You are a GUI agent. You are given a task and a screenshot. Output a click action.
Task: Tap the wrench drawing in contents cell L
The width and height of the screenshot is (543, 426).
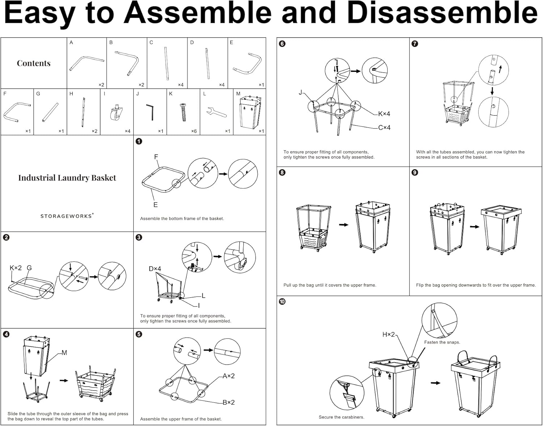216,113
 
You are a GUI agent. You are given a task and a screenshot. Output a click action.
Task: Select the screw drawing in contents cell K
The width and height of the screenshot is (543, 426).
184,112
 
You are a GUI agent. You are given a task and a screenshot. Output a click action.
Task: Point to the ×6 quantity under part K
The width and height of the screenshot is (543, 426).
194,131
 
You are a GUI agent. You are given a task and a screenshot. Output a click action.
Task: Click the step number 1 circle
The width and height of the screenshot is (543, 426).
139,141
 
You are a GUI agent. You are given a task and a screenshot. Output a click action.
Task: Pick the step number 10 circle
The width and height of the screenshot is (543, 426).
282,301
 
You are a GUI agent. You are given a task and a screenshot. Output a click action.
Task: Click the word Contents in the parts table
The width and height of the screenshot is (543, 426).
34,63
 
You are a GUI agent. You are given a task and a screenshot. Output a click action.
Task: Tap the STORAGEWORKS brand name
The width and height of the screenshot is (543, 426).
67,216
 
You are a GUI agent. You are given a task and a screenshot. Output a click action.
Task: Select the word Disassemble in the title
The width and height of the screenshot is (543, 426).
442,13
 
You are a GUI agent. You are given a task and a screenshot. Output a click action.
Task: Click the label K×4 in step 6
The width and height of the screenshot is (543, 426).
384,114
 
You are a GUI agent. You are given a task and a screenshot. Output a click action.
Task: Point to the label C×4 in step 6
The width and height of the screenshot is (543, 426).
384,128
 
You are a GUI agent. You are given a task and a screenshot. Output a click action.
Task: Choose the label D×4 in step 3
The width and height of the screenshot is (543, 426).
155,269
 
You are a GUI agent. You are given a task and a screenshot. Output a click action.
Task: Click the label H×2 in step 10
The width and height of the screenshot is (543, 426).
388,335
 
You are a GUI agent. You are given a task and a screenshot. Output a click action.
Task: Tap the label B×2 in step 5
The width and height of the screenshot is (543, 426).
228,402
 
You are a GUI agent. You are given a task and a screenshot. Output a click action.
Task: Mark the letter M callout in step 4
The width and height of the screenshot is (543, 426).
64,353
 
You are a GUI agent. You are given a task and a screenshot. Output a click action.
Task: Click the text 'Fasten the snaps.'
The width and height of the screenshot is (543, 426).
442,342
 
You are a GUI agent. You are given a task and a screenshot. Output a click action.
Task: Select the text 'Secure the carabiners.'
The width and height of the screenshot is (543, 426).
341,417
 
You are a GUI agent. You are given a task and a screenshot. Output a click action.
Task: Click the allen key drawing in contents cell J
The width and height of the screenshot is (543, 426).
151,112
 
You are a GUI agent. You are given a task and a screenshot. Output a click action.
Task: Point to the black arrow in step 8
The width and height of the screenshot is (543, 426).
344,225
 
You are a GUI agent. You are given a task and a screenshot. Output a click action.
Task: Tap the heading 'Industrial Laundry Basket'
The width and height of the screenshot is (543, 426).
67,178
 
